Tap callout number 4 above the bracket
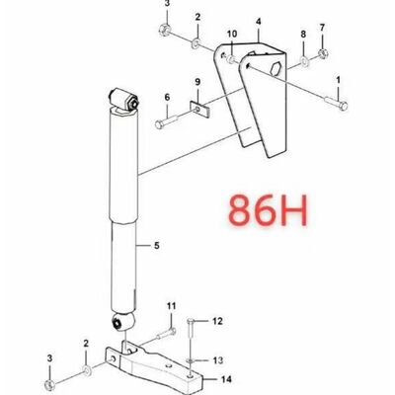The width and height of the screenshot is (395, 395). [258, 20]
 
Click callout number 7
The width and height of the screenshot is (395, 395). [322, 26]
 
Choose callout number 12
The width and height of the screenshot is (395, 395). [218, 320]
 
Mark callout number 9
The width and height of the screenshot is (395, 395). [197, 81]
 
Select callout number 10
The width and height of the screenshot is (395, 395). [232, 36]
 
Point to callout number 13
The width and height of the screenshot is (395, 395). [218, 358]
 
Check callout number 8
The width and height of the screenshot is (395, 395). [303, 34]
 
